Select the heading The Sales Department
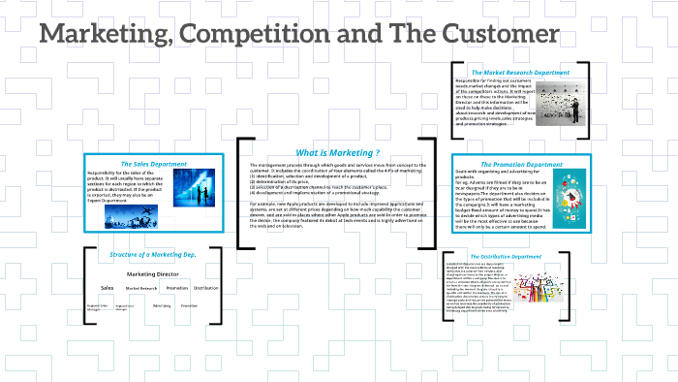(x=152, y=163)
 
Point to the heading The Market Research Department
(x=519, y=73)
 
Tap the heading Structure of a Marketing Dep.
(x=153, y=254)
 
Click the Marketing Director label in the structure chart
(x=155, y=274)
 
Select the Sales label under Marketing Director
(x=108, y=288)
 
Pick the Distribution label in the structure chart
(x=205, y=288)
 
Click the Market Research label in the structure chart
(x=141, y=289)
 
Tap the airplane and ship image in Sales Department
(x=131, y=216)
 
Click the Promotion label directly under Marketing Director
(x=176, y=288)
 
